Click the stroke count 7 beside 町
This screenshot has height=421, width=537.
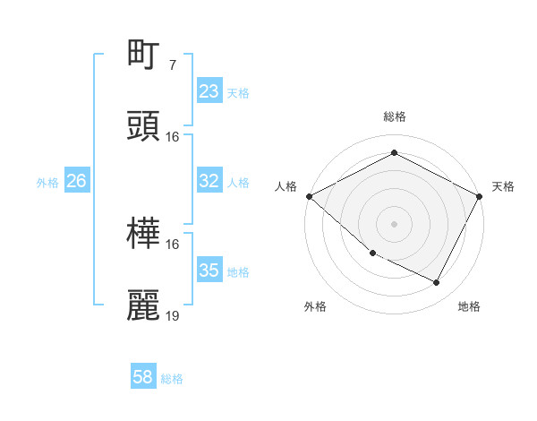click(172, 64)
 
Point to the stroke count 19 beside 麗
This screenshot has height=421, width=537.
click(173, 316)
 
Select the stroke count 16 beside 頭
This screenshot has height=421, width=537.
click(173, 137)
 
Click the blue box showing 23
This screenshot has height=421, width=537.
click(209, 91)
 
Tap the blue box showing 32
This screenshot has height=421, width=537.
click(209, 181)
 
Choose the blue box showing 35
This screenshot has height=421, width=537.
click(209, 271)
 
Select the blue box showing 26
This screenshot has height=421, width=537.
click(76, 181)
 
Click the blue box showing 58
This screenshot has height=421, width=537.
click(143, 377)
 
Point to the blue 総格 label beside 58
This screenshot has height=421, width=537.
click(172, 379)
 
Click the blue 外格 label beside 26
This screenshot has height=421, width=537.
click(47, 183)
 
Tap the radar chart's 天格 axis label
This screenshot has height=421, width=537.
click(503, 186)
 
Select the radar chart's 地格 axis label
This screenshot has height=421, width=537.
click(469, 306)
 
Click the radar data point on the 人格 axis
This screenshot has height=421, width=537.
click(309, 196)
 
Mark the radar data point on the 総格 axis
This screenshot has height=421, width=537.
click(394, 153)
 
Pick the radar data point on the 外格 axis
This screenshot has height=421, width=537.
click(372, 253)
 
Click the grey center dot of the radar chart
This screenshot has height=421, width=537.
click(394, 223)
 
